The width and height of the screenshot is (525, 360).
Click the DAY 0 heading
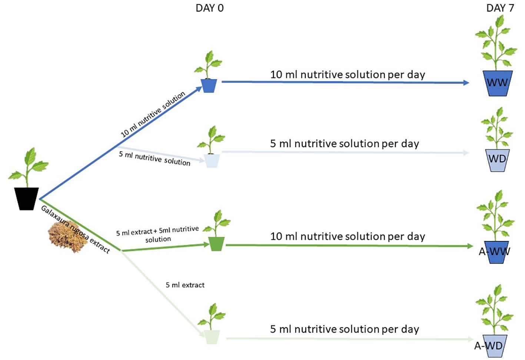(209, 8)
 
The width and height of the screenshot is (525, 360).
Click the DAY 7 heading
(500, 8)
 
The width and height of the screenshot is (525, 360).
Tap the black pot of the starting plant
(26, 198)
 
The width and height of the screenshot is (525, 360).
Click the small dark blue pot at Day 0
(209, 86)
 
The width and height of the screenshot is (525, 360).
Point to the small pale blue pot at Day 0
(212, 161)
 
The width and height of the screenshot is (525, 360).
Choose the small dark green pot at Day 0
(217, 244)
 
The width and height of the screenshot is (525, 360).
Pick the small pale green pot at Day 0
(212, 337)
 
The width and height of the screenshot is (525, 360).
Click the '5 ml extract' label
(185, 285)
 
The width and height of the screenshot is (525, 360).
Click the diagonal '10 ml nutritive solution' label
(153, 114)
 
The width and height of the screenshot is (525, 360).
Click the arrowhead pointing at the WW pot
(466, 83)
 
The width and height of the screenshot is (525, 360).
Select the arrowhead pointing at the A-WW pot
(471, 246)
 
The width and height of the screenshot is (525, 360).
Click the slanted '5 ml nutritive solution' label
(154, 158)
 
